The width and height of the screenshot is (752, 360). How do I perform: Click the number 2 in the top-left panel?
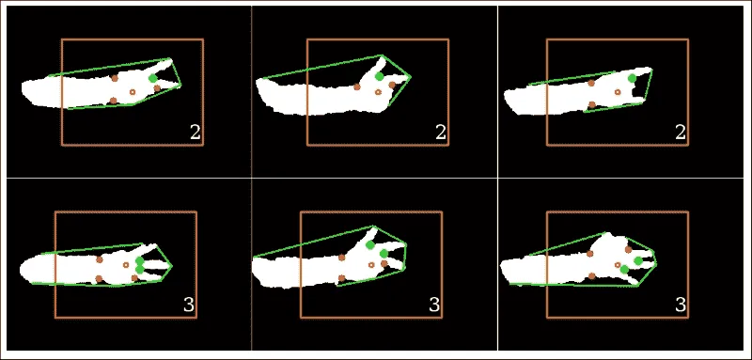pyautogui.click(x=196, y=133)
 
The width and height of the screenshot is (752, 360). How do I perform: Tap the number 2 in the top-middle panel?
pyautogui.click(x=441, y=133)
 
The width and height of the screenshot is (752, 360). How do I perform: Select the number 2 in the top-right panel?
pyautogui.click(x=680, y=133)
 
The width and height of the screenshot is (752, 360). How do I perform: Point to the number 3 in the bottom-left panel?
pyautogui.click(x=189, y=305)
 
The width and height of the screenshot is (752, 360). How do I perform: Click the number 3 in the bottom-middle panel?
pyautogui.click(x=434, y=305)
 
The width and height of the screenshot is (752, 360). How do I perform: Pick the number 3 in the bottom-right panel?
pyautogui.click(x=680, y=305)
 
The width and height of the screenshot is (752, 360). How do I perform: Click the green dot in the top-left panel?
pyautogui.click(x=152, y=78)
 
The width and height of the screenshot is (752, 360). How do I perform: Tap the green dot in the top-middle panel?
pyautogui.click(x=380, y=76)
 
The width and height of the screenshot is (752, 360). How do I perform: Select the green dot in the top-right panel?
pyautogui.click(x=632, y=78)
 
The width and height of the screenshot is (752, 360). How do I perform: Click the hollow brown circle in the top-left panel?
pyautogui.click(x=133, y=91)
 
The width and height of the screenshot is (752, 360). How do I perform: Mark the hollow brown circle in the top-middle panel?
pyautogui.click(x=378, y=91)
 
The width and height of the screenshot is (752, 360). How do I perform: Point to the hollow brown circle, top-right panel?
pyautogui.click(x=618, y=91)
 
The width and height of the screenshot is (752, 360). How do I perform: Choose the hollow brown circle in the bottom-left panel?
pyautogui.click(x=126, y=265)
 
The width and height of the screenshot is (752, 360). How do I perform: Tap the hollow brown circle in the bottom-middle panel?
pyautogui.click(x=371, y=265)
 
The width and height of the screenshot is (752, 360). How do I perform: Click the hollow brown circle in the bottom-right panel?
pyautogui.click(x=618, y=265)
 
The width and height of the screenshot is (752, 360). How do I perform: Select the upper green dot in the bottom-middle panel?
pyautogui.click(x=369, y=245)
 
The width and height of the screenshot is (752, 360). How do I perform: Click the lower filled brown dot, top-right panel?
pyautogui.click(x=592, y=104)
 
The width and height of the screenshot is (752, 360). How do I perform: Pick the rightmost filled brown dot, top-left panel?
pyautogui.click(x=157, y=88)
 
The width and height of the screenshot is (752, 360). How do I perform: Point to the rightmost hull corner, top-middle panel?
pyautogui.click(x=411, y=76)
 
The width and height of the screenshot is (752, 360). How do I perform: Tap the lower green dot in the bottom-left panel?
pyautogui.click(x=139, y=270)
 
